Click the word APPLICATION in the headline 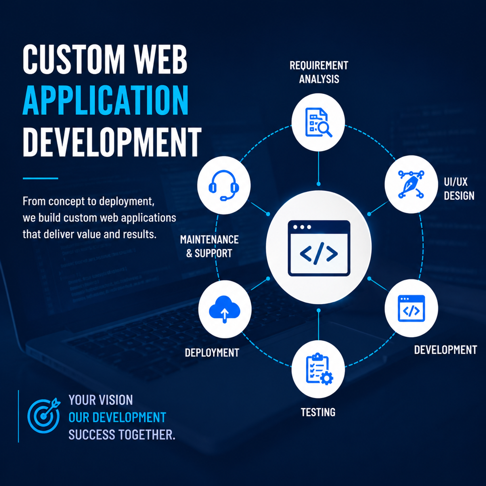[105, 100]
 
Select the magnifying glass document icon [318, 122]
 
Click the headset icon [224, 185]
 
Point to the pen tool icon [411, 184]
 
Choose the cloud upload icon [225, 309]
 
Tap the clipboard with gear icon [319, 369]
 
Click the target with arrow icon [44, 416]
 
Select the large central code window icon [319, 248]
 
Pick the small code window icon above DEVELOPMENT [411, 309]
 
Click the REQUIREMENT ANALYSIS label [319, 72]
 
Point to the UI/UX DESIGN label [459, 189]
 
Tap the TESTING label [318, 412]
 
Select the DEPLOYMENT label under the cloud [212, 353]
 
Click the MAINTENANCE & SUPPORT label [209, 246]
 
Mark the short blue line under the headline [40, 178]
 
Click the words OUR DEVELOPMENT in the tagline [117, 417]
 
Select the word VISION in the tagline [117, 400]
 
